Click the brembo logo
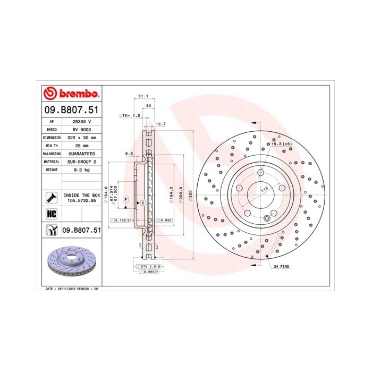71,93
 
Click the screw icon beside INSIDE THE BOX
52,198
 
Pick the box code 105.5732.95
81,201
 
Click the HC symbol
52,214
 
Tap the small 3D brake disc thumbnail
72,265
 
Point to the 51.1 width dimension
142,96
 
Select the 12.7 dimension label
162,124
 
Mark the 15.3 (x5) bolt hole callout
281,144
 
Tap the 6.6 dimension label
128,153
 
